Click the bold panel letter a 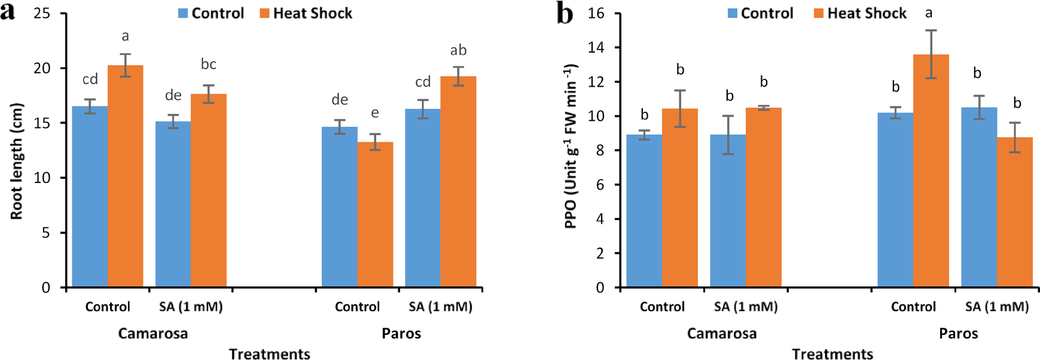[x=7, y=11]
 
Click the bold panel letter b [x=565, y=13]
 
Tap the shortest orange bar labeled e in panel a [x=375, y=215]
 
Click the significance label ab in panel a [x=458, y=50]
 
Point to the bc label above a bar [x=208, y=64]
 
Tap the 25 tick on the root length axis [x=42, y=13]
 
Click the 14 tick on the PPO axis [x=596, y=47]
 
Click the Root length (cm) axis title [x=16, y=161]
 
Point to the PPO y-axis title [x=571, y=146]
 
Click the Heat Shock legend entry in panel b [x=860, y=13]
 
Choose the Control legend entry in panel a [x=211, y=13]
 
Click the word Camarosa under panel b [x=721, y=333]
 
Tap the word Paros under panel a [x=401, y=333]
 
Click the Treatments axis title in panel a [x=269, y=354]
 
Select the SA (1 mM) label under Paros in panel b [x=996, y=307]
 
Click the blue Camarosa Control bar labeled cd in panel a [x=90, y=197]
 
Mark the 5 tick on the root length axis [x=46, y=233]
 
